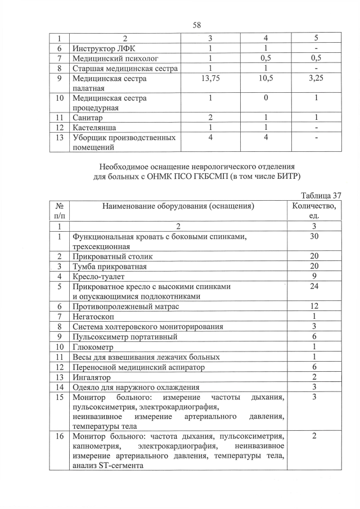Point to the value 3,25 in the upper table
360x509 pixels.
point(316,79)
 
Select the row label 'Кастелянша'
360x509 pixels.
point(94,128)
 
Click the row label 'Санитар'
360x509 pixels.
point(88,118)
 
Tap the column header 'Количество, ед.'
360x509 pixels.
point(314,211)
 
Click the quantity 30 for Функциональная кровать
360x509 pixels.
point(314,237)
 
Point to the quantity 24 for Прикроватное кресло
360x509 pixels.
point(314,286)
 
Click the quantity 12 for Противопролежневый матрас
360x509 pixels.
point(314,307)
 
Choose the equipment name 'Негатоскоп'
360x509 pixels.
point(93,317)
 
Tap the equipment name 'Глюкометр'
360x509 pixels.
point(93,347)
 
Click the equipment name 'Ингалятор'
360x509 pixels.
point(92,377)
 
